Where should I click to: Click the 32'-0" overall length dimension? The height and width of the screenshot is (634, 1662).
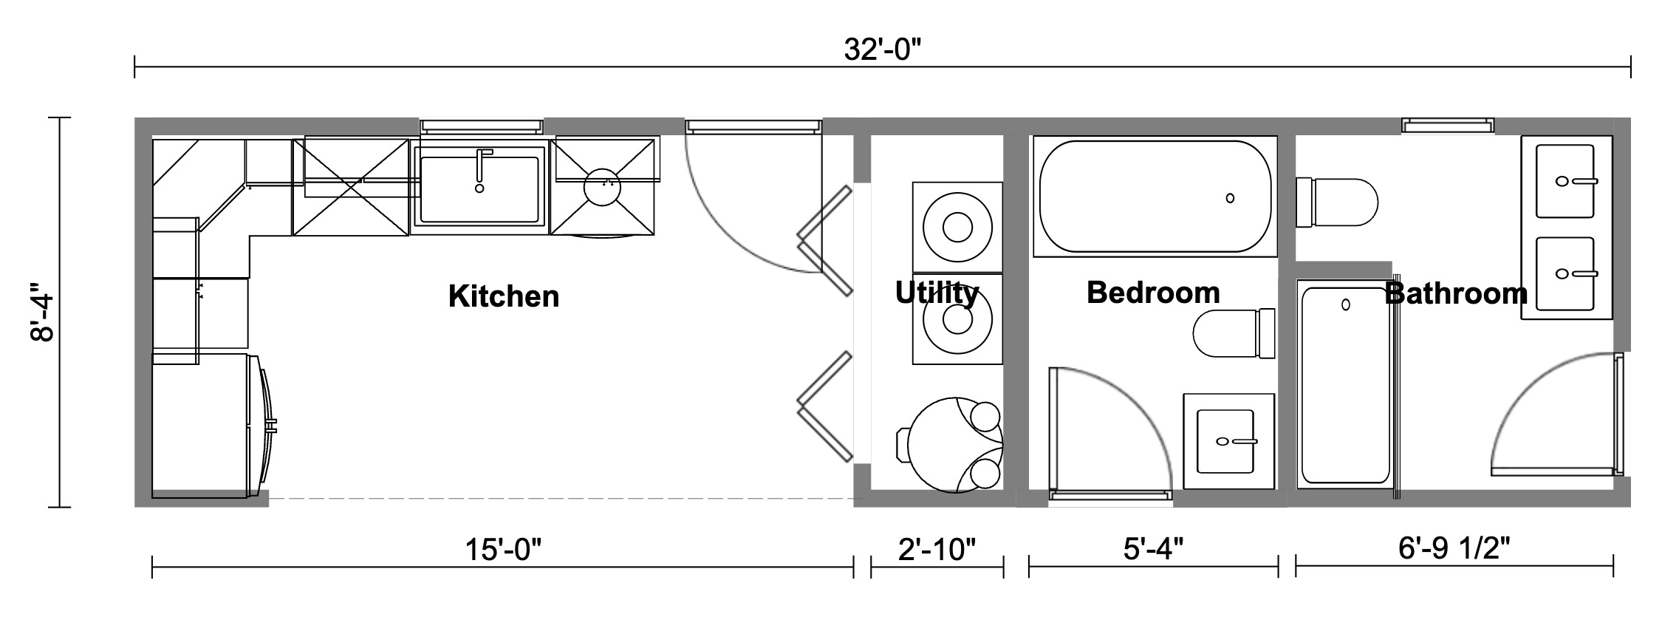(x=883, y=50)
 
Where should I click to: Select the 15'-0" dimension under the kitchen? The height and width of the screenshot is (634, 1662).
(x=503, y=550)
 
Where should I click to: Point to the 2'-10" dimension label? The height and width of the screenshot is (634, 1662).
(x=937, y=550)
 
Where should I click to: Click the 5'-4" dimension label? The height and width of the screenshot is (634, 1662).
(x=1153, y=549)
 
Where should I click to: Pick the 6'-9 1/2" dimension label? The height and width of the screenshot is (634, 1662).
(x=1454, y=548)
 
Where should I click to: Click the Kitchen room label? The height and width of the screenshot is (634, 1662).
(x=504, y=296)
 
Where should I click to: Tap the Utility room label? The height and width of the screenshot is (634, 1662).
(x=937, y=293)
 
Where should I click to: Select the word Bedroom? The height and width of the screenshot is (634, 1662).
(x=1153, y=293)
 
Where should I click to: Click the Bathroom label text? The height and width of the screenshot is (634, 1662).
(x=1456, y=293)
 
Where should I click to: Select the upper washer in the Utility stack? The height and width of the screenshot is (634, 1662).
(x=957, y=227)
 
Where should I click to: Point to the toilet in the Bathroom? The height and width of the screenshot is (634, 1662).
(x=1338, y=202)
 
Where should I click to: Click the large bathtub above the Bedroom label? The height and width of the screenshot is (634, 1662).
(x=1155, y=196)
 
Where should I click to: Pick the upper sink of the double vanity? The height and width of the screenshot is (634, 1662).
(x=1565, y=181)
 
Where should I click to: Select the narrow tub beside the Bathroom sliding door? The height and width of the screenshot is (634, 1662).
(x=1344, y=384)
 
